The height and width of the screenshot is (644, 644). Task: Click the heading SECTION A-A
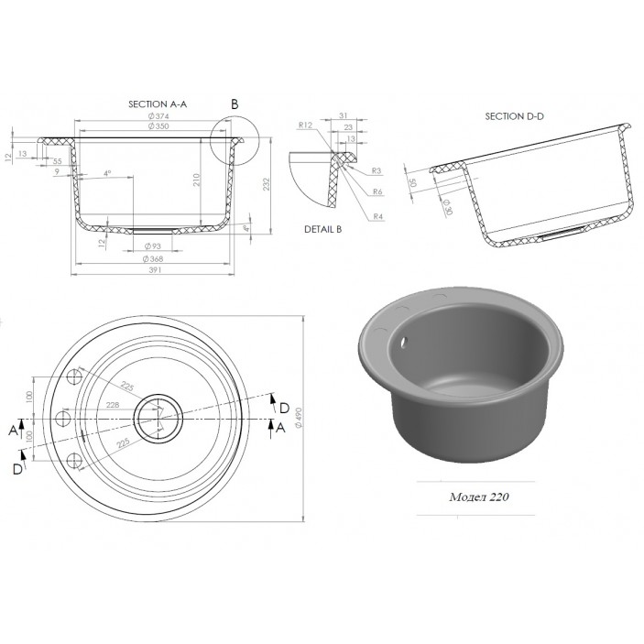157,105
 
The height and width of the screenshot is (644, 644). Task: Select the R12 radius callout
306,126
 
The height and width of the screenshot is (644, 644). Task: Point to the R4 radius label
377,215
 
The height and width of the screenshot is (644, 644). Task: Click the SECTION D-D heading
514,115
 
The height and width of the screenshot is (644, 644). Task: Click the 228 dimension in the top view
113,405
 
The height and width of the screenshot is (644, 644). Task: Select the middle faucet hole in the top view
64,419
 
